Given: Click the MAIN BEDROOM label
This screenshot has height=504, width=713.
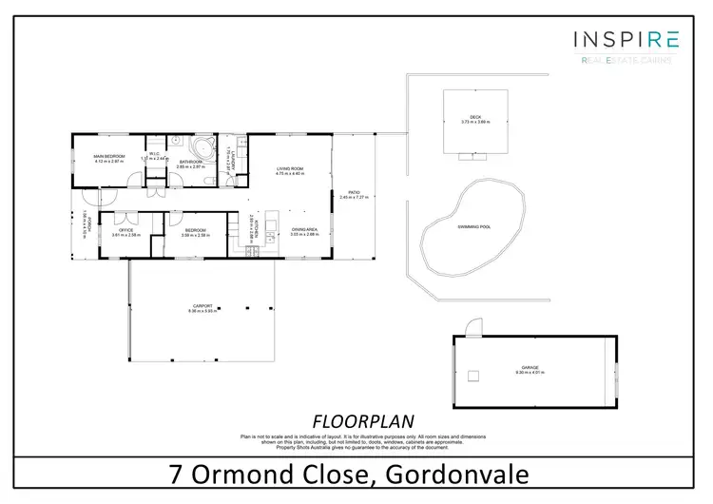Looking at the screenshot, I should click(x=109, y=157).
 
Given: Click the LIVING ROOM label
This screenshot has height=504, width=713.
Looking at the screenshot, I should click(x=289, y=170).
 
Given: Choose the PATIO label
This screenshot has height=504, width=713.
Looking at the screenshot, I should click(x=354, y=194).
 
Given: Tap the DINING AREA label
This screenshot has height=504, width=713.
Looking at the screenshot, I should click(x=304, y=230).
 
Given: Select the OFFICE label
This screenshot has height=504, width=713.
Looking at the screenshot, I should click(x=125, y=230).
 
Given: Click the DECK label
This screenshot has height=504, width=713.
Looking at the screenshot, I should click(x=475, y=119).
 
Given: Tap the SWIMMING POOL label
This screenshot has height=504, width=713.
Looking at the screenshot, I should click(x=472, y=227).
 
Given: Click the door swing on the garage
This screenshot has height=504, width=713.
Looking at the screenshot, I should click(x=465, y=329).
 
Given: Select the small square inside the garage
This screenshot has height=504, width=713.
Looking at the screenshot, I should click(x=475, y=378).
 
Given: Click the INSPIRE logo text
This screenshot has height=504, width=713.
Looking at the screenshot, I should click(x=626, y=39).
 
